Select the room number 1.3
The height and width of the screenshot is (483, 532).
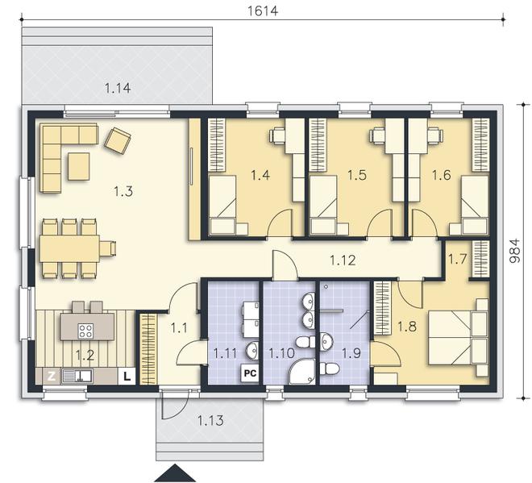123,191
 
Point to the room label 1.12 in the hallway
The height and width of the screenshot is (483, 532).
343,259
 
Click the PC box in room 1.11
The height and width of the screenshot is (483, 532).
249,373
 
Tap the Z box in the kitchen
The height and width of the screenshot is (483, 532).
50,375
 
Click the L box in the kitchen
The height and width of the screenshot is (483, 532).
127,375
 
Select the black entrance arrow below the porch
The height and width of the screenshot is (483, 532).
176,473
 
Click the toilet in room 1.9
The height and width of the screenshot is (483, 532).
329,368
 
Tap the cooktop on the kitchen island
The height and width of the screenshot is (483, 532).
85,329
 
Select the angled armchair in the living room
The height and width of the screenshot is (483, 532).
118,140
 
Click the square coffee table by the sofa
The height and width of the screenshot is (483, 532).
78,167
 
